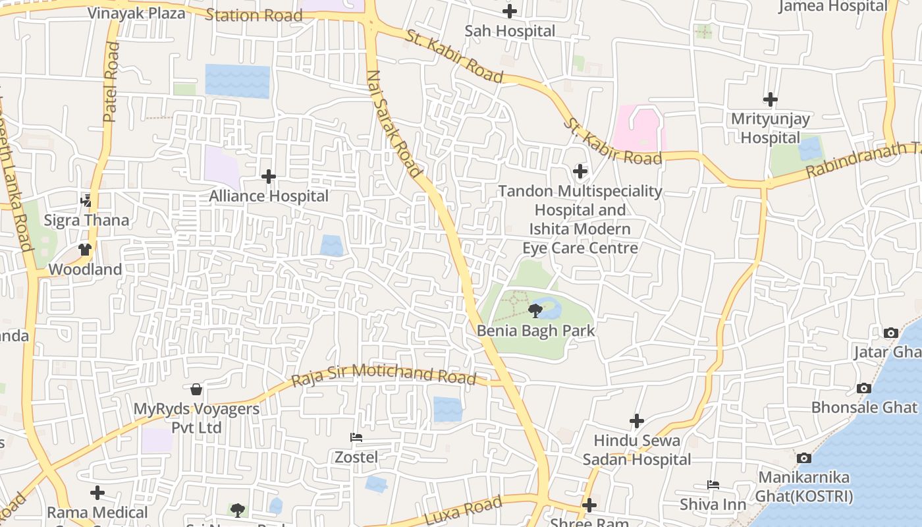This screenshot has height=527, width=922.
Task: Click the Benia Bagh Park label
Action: [535, 331]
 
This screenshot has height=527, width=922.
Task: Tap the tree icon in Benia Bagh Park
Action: [535, 310]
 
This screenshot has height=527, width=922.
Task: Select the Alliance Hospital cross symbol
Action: [269, 177]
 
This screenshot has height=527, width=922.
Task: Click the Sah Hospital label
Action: [510, 31]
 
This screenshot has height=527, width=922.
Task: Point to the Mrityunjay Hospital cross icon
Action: [770, 99]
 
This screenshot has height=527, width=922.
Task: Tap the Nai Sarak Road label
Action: [393, 123]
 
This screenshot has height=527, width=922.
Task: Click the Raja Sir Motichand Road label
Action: [384, 374]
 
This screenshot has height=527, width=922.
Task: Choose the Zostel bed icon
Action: [356, 437]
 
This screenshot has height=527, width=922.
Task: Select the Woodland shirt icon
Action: [85, 250]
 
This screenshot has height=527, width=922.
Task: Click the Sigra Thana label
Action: [86, 220]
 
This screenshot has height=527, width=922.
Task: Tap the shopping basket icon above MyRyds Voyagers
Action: [196, 389]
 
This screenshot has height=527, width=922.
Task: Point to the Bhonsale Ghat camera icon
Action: [863, 389]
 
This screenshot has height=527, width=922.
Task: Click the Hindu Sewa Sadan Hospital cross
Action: [636, 421]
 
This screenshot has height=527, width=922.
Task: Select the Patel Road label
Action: [111, 82]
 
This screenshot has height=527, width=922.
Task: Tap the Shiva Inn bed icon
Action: [713, 485]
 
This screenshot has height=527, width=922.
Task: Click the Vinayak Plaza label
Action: [136, 13]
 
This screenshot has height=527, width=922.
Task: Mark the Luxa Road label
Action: [463, 512]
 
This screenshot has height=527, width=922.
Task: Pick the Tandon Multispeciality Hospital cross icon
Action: [580, 172]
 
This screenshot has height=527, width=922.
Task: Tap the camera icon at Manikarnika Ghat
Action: [803, 458]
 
